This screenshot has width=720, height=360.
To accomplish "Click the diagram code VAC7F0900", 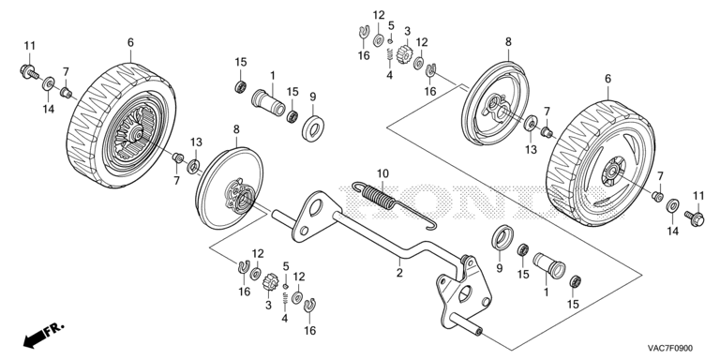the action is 670,349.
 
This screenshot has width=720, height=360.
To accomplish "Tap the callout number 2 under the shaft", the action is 399,273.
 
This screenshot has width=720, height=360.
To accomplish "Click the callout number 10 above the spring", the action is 382,173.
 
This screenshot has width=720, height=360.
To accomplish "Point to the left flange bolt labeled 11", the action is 29,72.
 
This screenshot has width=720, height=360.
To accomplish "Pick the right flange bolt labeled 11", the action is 695,217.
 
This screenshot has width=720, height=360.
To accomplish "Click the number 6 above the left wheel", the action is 130,43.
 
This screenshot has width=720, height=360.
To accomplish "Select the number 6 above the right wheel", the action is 607,79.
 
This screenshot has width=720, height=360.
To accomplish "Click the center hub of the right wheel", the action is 610,172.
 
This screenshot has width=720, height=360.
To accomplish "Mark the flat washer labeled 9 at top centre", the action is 314,123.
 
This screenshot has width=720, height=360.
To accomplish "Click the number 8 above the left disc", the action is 236,129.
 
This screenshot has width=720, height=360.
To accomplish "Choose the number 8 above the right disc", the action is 508,42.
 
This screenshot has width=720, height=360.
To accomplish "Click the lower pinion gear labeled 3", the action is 270,281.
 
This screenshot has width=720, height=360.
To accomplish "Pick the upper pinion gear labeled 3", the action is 403,53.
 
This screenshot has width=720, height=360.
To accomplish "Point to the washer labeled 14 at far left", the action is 48,84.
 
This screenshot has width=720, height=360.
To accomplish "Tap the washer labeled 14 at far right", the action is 673,205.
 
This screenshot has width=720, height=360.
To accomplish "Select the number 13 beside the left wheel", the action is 196,142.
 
